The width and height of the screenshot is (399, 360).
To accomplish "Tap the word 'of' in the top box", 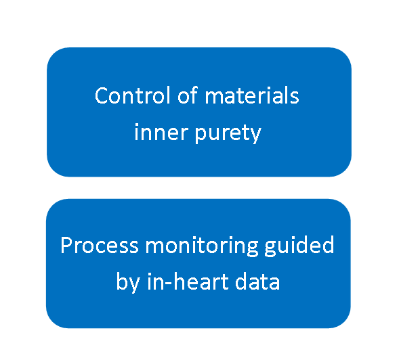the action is point(188,95).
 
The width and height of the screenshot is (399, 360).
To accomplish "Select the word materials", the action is point(252,95).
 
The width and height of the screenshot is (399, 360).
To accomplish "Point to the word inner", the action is point(161,132).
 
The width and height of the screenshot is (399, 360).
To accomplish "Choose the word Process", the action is point(100,245).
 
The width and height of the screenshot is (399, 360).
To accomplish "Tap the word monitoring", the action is point(202,246).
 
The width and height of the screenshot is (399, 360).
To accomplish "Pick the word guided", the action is point(299,246).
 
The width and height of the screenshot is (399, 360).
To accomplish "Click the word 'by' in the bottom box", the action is point(128,282).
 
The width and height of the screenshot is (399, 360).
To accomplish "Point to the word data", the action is point(257,281).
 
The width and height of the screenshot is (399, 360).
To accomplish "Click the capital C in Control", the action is point(101,95).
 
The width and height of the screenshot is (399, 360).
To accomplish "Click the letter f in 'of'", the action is point(194,95).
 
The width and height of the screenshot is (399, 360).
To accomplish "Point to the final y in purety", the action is point(255,135).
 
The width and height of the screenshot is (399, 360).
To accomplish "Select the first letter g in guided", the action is point(271,248).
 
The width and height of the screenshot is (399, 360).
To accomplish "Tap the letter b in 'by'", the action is point(123,281).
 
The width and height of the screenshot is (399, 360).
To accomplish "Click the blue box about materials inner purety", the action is point(199,112).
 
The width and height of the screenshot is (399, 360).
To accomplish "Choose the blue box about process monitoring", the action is point(198,263).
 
